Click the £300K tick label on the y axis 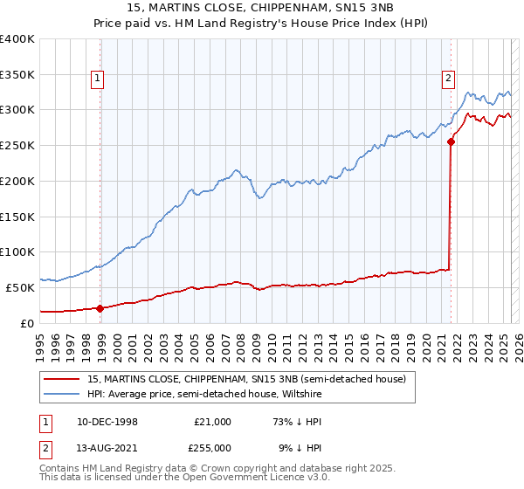coord(17,110)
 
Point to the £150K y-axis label coord(17,217)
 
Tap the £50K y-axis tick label coord(20,287)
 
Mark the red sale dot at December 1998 coord(100,307)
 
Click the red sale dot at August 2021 coord(451,141)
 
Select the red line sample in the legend coord(63,380)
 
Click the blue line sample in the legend coord(63,395)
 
